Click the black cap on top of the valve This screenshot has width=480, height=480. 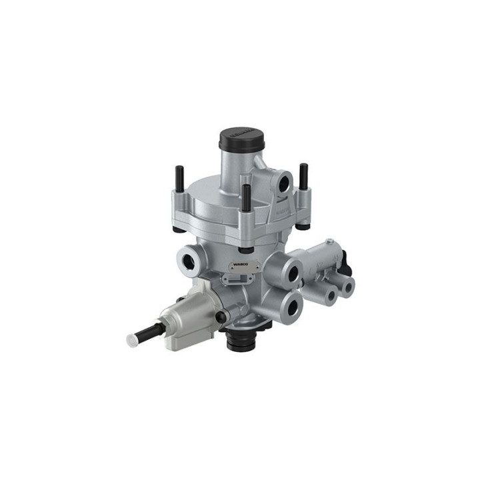242,139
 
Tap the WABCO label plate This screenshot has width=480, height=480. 239,265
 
